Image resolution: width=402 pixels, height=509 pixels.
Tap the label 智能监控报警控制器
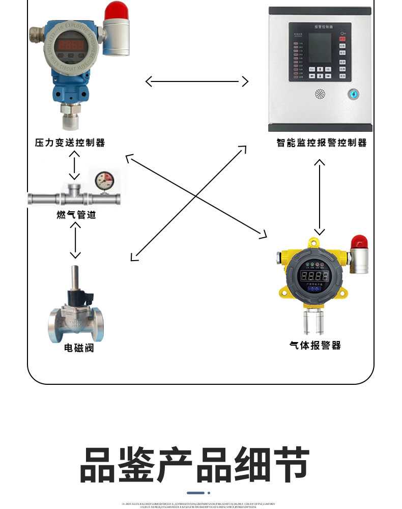pyautogui.click(x=322, y=143)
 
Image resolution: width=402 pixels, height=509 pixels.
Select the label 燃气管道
pyautogui.click(x=76, y=215)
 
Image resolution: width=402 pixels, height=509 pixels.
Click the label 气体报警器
pyautogui.click(x=315, y=346)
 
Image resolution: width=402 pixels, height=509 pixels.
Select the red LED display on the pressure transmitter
pyautogui.click(x=71, y=45)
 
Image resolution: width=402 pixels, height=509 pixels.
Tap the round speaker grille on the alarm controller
pyautogui.click(x=320, y=94)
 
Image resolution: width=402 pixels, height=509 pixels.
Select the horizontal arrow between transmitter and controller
pyautogui.click(x=197, y=81)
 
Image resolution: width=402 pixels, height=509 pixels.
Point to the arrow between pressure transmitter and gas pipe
pyautogui.click(x=75, y=165)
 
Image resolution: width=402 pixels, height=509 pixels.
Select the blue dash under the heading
pyautogui.click(x=195, y=493)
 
